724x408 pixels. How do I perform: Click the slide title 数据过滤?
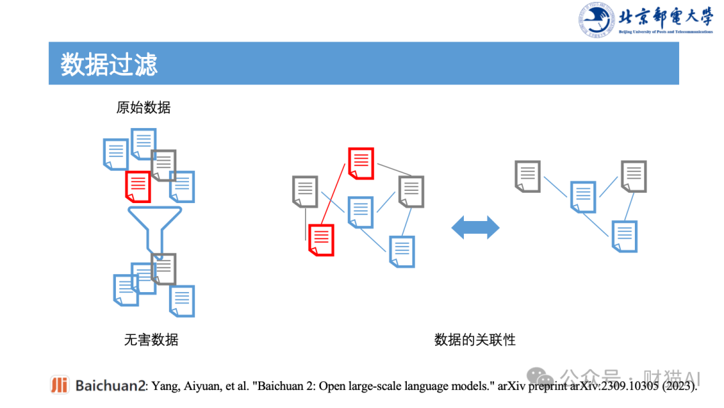pos(109,64)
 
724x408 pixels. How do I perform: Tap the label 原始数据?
pos(143,107)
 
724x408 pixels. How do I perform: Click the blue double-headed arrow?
pos(475,228)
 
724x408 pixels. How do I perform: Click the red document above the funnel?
pos(138,187)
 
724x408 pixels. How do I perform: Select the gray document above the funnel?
pos(164,165)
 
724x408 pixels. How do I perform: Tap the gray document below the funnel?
pos(164,269)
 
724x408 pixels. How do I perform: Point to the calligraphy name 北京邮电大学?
pos(664,15)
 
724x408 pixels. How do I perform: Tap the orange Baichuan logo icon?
pos(60,385)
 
